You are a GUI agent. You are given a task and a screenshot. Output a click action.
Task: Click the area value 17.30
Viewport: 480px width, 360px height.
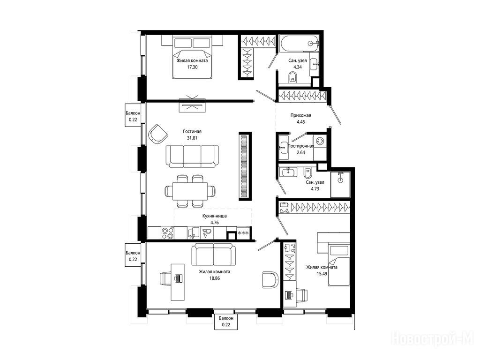coord(192,67)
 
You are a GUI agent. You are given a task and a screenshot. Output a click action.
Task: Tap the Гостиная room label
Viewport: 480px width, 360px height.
coord(192,131)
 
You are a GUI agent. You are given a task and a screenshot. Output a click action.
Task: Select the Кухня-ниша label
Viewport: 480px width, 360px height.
coord(215,216)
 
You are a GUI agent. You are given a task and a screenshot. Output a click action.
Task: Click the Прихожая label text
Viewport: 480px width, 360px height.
coord(300,115)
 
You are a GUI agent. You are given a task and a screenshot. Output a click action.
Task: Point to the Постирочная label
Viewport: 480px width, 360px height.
coord(300,146)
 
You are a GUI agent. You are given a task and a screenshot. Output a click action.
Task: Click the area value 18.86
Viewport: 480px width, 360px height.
coord(214,278)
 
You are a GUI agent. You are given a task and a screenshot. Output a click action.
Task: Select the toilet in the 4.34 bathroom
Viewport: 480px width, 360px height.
coord(292,77)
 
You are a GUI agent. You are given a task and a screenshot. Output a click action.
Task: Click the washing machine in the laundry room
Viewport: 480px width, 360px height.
coord(320,141)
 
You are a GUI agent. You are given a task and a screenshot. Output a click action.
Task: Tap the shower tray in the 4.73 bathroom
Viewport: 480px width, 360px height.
coord(340,185)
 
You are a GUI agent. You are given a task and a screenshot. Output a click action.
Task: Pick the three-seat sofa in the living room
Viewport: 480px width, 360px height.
coord(193,156)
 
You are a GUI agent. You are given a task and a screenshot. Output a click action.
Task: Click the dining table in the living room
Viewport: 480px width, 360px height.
coord(190,191)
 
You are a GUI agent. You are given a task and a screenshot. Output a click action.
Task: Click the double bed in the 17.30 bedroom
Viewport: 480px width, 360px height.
coord(192,57)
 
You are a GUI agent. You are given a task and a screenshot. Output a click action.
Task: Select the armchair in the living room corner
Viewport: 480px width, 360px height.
coord(158,134)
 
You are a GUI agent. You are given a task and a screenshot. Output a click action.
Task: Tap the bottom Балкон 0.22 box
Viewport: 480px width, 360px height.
coord(226,322)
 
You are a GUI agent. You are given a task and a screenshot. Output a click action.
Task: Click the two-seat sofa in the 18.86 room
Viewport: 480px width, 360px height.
coord(214,255)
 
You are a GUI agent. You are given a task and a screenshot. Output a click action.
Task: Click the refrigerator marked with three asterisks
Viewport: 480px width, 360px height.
coord(243,233)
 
